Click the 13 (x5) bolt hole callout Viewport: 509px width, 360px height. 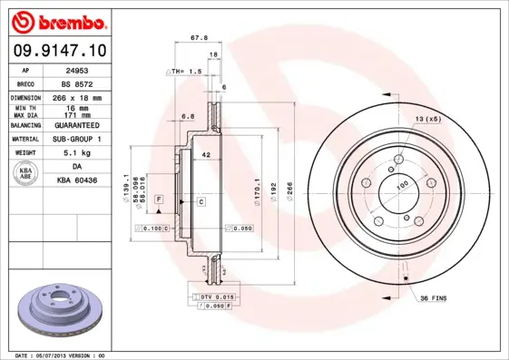point(427,119)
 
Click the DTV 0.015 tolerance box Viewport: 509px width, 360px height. point(210,297)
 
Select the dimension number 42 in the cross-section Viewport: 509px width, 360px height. point(207,155)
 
